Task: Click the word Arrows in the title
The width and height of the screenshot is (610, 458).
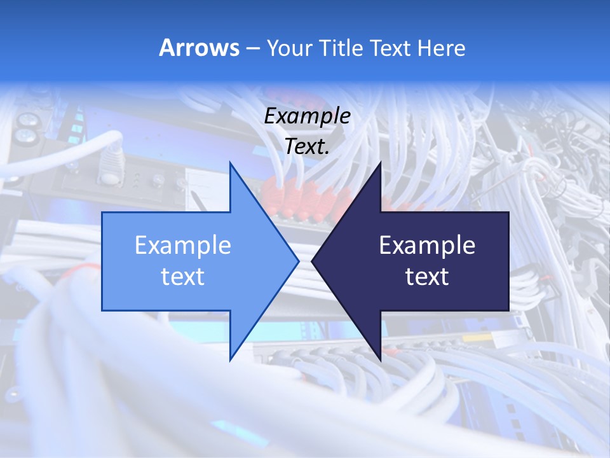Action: pyautogui.click(x=199, y=48)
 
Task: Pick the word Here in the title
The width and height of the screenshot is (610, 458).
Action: pyautogui.click(x=442, y=48)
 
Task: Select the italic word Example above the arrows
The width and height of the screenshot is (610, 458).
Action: pyautogui.click(x=307, y=116)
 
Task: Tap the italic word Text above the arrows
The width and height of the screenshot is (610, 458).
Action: pyautogui.click(x=304, y=147)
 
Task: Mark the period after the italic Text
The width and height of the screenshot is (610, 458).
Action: pyautogui.click(x=328, y=153)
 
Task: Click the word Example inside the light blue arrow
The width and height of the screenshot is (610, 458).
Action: pyautogui.click(x=183, y=245)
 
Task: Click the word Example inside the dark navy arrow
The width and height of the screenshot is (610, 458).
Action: pyautogui.click(x=427, y=245)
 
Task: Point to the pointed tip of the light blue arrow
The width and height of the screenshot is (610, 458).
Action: pyautogui.click(x=298, y=261)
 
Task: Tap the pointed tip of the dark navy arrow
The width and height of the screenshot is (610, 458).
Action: pyautogui.click(x=312, y=261)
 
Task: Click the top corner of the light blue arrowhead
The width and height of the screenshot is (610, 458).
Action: pyautogui.click(x=231, y=163)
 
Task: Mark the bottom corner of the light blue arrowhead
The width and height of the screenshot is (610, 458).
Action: pyautogui.click(x=231, y=359)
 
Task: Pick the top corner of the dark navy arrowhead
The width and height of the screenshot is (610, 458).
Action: pyautogui.click(x=380, y=163)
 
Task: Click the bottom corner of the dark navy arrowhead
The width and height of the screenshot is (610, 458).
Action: pyautogui.click(x=380, y=359)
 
